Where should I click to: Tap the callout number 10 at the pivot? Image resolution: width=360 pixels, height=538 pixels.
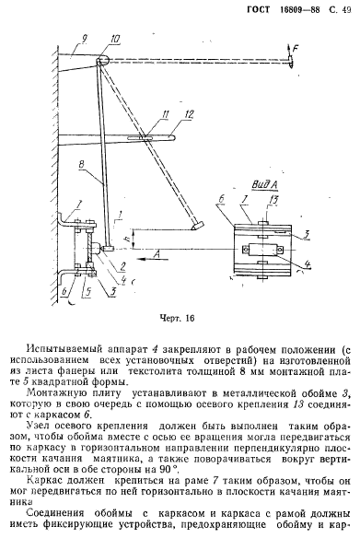114,40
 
